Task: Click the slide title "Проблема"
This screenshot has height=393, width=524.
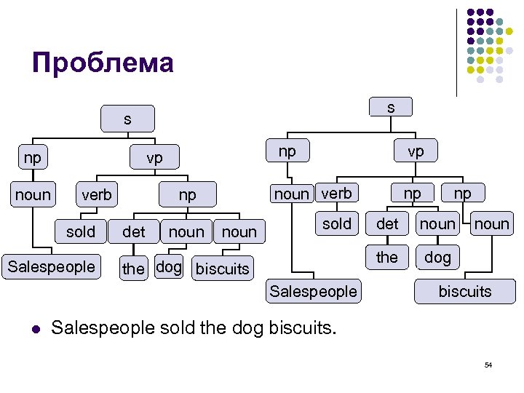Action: (103, 63)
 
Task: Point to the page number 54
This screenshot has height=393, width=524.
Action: (488, 365)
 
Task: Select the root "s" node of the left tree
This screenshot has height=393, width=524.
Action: (127, 119)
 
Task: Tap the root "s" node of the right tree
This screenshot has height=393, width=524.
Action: (391, 108)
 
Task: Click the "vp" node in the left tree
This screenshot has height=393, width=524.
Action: (154, 157)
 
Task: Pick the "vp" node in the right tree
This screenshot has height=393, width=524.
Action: (416, 151)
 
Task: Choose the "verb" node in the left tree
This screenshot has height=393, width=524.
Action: (97, 194)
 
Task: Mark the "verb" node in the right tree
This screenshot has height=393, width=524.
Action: (336, 193)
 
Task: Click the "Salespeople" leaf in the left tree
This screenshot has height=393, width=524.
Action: (52, 266)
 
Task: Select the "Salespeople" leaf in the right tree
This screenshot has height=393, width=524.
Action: (314, 292)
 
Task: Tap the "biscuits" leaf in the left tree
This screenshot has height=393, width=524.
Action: (223, 269)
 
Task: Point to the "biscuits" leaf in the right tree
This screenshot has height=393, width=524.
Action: (465, 292)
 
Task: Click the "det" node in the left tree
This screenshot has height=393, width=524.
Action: (134, 232)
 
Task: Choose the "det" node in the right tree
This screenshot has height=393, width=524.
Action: (387, 224)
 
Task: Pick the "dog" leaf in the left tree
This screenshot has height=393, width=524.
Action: (169, 267)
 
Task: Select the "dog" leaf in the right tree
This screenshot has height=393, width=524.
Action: (437, 258)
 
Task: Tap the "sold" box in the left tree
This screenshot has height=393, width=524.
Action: (81, 232)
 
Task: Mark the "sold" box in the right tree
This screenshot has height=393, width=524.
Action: (337, 224)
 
